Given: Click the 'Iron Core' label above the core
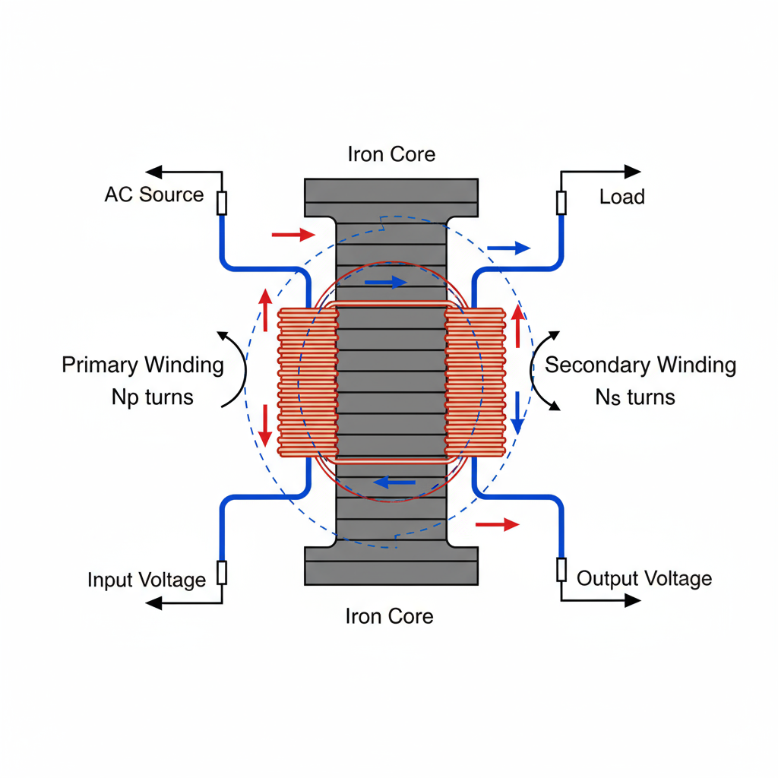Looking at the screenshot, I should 391,154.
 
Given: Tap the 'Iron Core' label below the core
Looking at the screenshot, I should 389,615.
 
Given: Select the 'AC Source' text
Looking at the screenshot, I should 154,194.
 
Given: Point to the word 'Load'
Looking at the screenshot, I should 621,197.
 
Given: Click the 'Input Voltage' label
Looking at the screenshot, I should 147,580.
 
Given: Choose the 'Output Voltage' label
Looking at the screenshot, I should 644,579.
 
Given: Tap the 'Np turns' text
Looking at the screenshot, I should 152,397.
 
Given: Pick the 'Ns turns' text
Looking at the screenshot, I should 635,397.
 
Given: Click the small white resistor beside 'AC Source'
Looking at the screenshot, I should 222,203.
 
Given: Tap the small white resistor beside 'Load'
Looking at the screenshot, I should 561,203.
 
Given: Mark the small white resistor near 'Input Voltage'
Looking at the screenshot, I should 222,572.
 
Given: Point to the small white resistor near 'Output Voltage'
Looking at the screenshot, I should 561,569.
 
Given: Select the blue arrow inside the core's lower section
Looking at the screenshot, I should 395,481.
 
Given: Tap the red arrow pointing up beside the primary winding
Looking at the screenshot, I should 264,309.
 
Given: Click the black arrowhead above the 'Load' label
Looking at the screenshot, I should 632,172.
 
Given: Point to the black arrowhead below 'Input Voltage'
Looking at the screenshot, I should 154,603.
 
